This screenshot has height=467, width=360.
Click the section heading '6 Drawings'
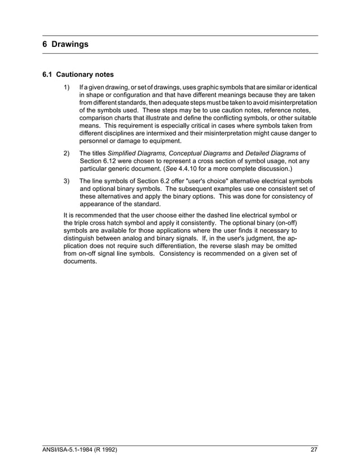[x=65, y=44]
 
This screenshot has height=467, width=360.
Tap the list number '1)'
[x=67, y=87]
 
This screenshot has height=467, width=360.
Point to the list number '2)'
[x=67, y=153]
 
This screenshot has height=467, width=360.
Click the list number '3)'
[x=67, y=181]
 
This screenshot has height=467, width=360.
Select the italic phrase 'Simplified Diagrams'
[x=137, y=153]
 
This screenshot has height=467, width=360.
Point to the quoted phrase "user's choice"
[x=203, y=181]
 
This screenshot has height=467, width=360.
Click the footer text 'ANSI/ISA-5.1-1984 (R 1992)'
[x=81, y=450]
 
